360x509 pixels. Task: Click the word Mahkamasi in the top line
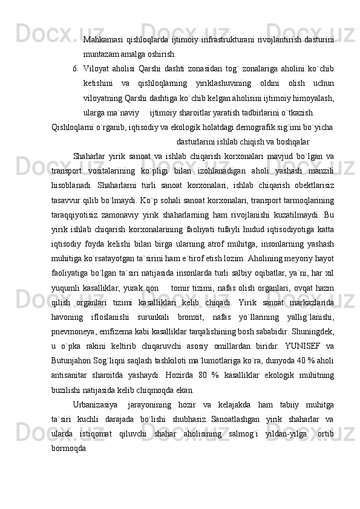coord(103,41)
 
